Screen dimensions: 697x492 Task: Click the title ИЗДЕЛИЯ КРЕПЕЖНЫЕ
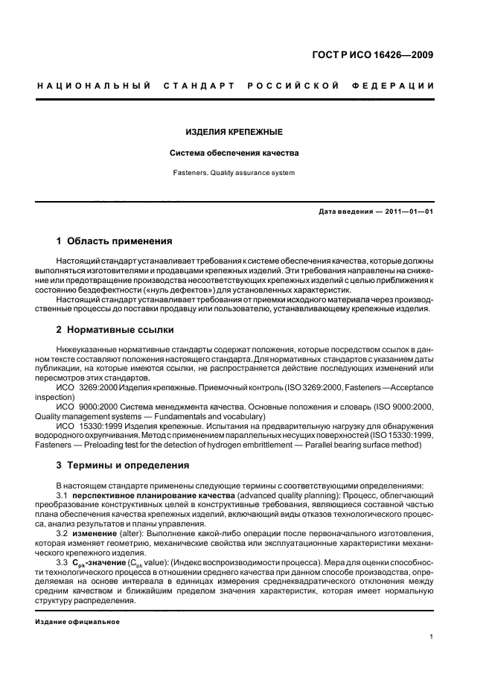[x=233, y=132]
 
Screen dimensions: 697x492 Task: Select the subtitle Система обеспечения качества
[x=233, y=153]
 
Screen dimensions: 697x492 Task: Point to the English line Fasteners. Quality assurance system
[x=233, y=174]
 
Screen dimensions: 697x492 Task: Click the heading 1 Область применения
[x=115, y=241]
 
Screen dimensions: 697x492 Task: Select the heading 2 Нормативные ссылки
[x=116, y=329]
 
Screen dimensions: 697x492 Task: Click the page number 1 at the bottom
[x=432, y=636]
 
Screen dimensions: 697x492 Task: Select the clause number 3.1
[x=63, y=494]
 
